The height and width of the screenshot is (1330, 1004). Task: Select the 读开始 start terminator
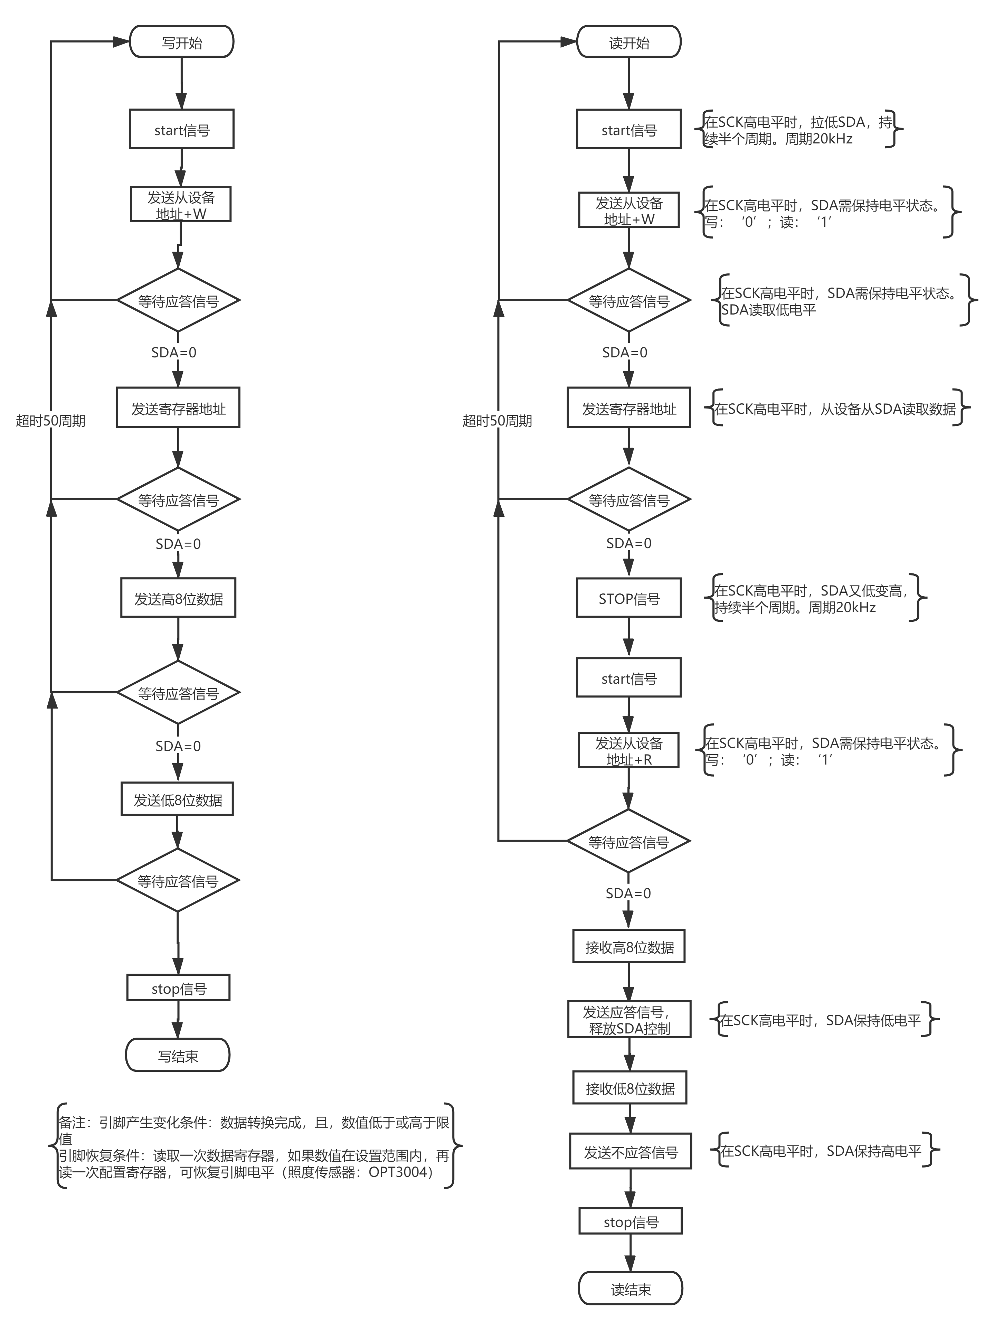click(629, 42)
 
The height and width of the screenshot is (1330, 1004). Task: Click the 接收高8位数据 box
click(629, 947)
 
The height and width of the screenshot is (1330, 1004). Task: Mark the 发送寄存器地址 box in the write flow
click(178, 408)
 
